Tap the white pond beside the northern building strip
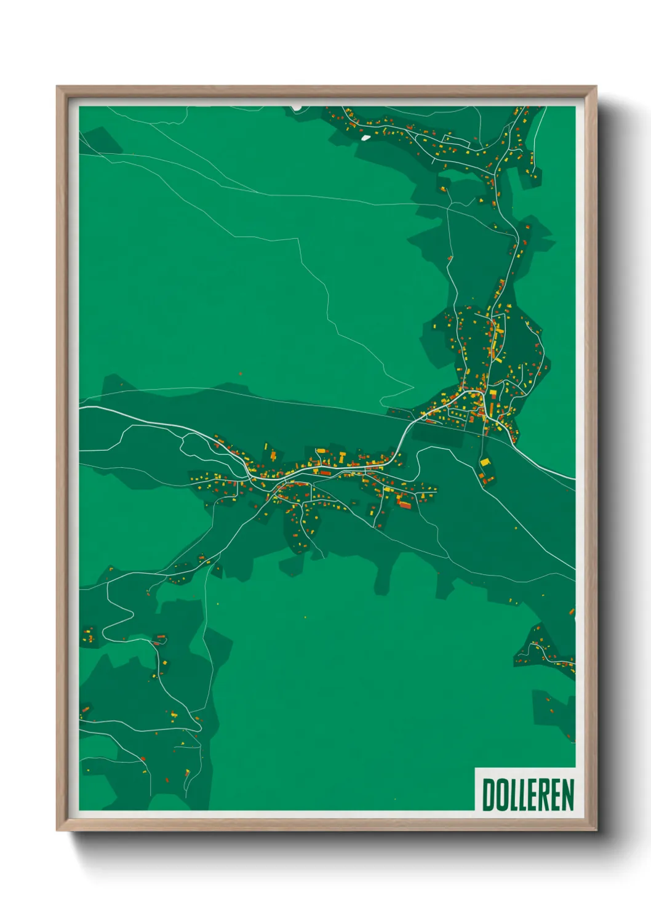(366, 137)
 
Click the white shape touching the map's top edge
(297, 107)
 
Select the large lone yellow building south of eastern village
(485, 462)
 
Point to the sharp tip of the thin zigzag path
(413, 388)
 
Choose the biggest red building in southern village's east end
(404, 505)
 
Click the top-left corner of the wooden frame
(57, 87)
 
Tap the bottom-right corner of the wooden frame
(596, 830)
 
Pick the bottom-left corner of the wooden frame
(57, 830)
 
